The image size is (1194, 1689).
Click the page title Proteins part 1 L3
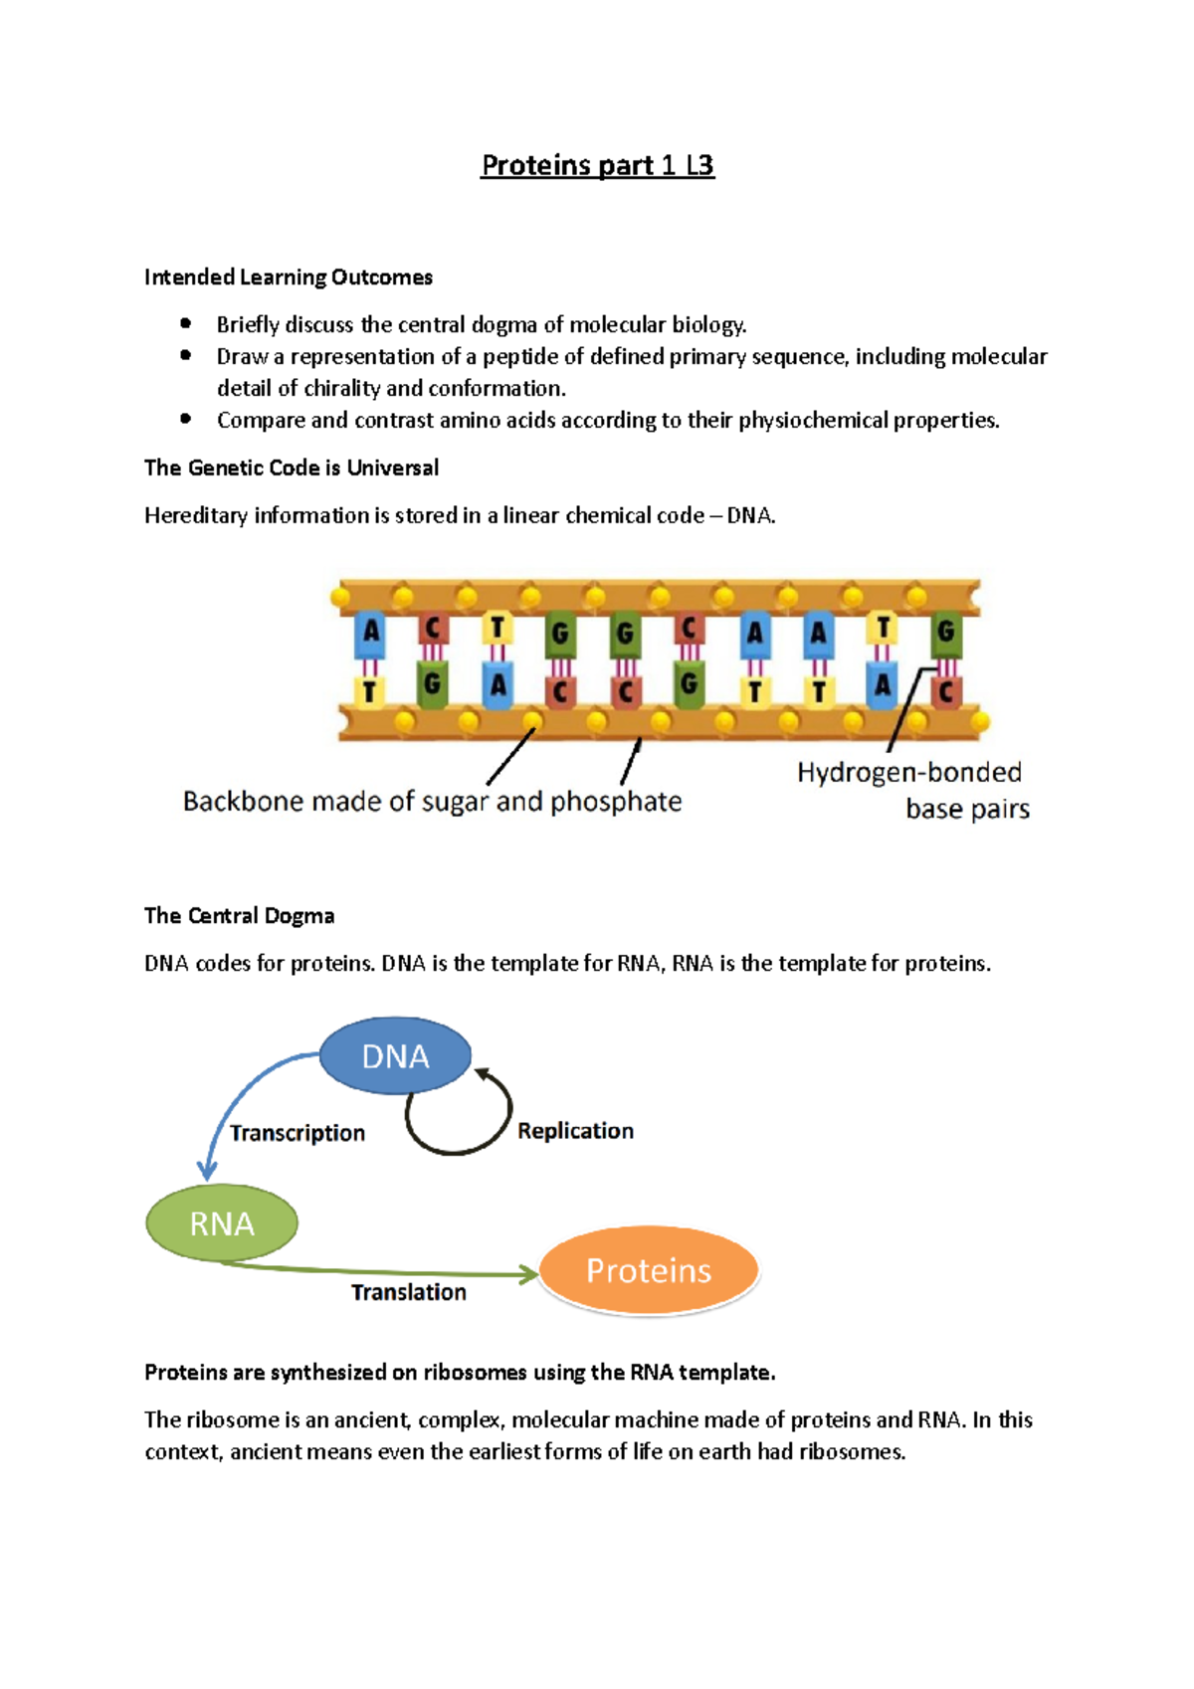597,165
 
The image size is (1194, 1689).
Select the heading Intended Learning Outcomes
289,278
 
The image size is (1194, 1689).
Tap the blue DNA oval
395,1055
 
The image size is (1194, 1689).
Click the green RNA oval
222,1223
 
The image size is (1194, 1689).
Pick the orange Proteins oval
649,1270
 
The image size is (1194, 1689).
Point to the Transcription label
298,1133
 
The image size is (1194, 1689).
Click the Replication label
575,1131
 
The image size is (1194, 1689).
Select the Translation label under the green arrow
409,1292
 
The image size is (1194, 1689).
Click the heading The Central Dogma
239,915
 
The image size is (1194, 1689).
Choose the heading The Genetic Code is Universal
292,468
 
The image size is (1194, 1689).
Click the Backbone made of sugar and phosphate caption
432,802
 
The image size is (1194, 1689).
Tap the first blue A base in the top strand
370,634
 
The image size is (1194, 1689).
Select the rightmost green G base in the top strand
945,632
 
